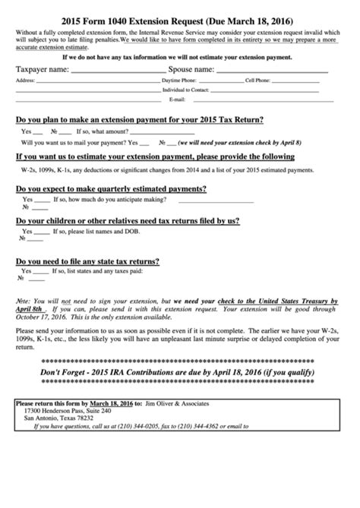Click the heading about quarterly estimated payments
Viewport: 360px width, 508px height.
point(111,188)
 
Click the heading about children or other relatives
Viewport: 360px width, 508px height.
point(128,220)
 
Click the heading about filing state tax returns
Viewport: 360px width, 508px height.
point(87,262)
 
